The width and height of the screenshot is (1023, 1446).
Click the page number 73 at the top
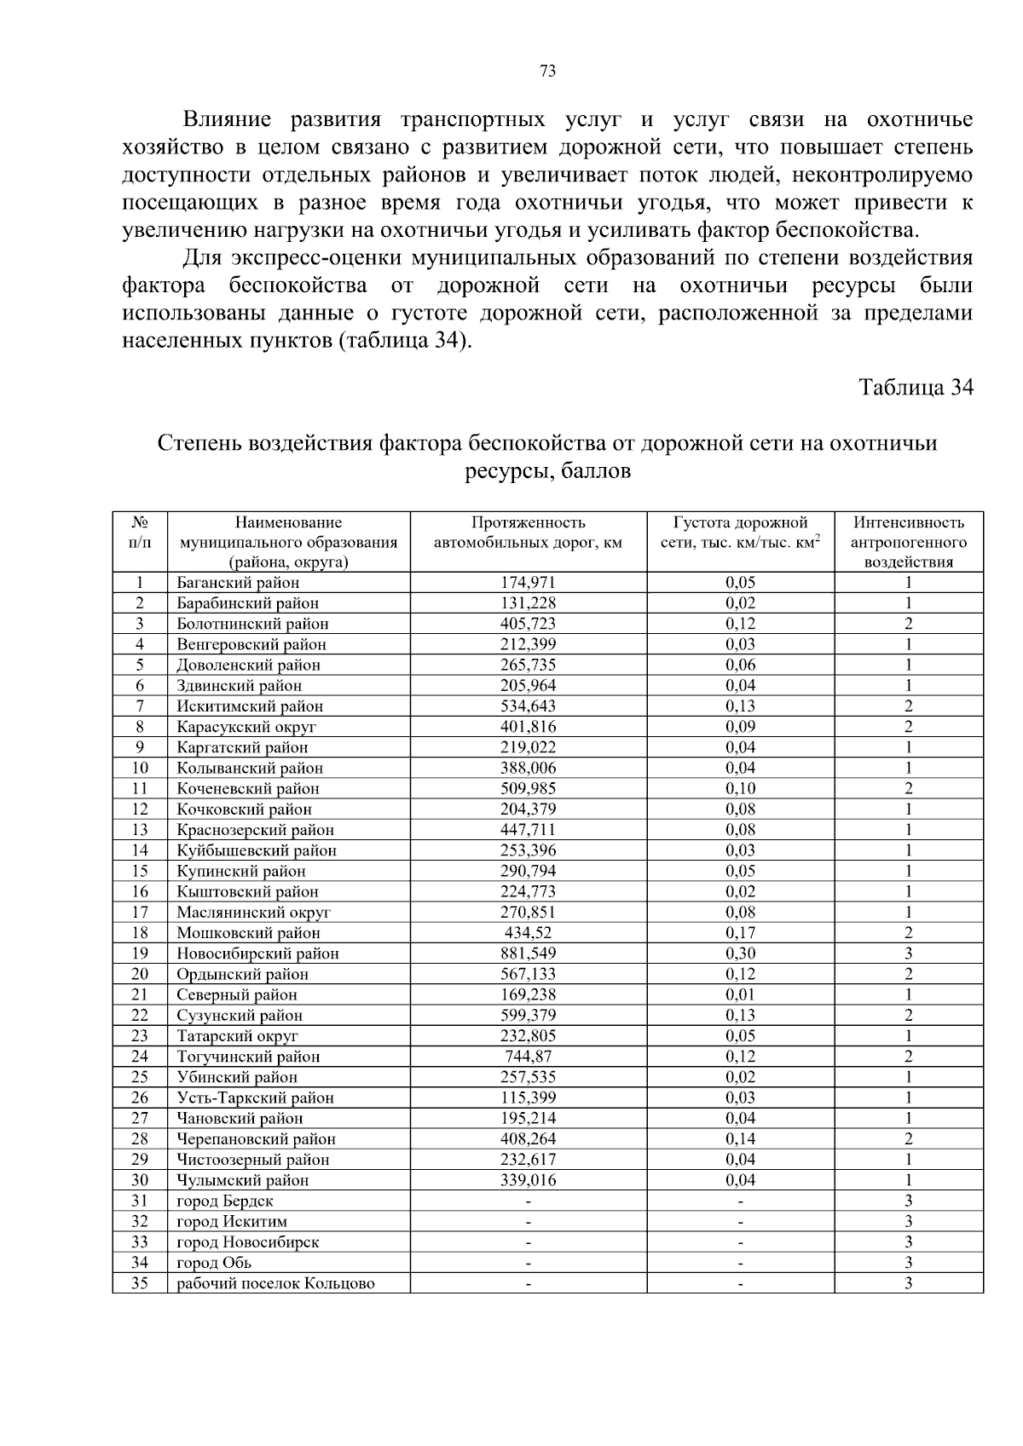point(548,72)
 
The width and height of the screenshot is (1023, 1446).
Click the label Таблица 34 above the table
point(915,388)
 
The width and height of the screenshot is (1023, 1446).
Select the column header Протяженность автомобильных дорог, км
point(528,533)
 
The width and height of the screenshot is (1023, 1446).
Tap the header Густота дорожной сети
point(740,533)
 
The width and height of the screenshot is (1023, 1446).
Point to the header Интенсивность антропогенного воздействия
point(909,542)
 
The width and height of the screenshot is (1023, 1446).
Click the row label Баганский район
point(238,584)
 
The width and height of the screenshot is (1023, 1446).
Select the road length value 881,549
point(528,954)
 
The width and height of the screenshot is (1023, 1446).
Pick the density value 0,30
point(740,954)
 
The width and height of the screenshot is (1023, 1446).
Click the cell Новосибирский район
point(257,954)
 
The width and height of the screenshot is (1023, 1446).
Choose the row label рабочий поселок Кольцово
point(275,1284)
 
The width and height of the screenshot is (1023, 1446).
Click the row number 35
point(140,1284)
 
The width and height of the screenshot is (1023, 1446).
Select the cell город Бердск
point(225,1201)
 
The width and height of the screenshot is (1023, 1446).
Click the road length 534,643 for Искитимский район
point(528,706)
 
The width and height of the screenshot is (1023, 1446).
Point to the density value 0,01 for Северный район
point(740,995)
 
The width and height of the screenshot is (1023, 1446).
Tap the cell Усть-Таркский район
point(255,1098)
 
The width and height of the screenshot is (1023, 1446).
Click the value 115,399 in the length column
point(528,1098)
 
